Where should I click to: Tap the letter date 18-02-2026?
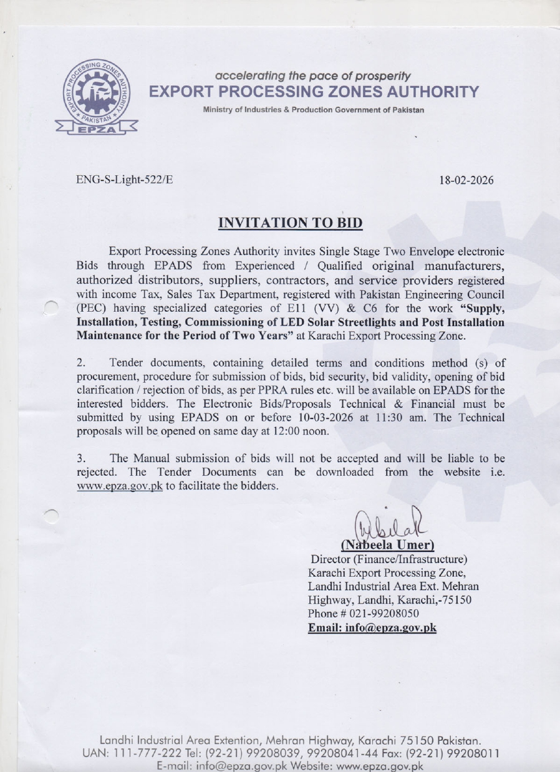(x=465, y=181)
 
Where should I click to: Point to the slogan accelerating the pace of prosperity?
(x=312, y=76)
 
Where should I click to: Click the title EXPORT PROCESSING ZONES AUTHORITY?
(x=312, y=92)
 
